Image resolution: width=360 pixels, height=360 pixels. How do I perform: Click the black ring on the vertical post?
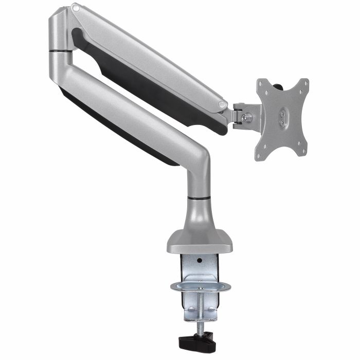coord(199,197)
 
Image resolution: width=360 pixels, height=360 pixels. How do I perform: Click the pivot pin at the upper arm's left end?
coord(76,8)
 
